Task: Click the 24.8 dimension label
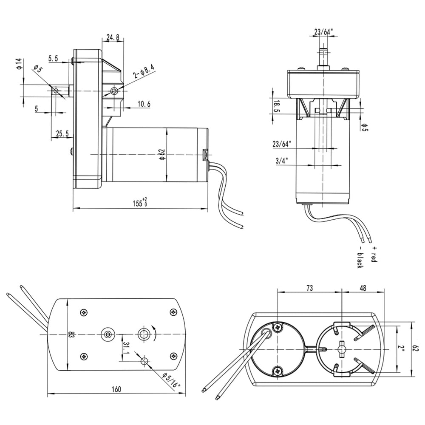pyautogui.click(x=113, y=37)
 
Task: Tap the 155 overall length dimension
pyautogui.click(x=140, y=202)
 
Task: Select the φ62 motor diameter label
pyautogui.click(x=162, y=154)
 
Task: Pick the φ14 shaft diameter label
pyautogui.click(x=19, y=64)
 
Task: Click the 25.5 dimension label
pyautogui.click(x=62, y=133)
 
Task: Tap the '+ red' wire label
pyautogui.click(x=374, y=254)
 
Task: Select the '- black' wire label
pyautogui.click(x=360, y=257)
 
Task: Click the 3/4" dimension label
pyautogui.click(x=282, y=161)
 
